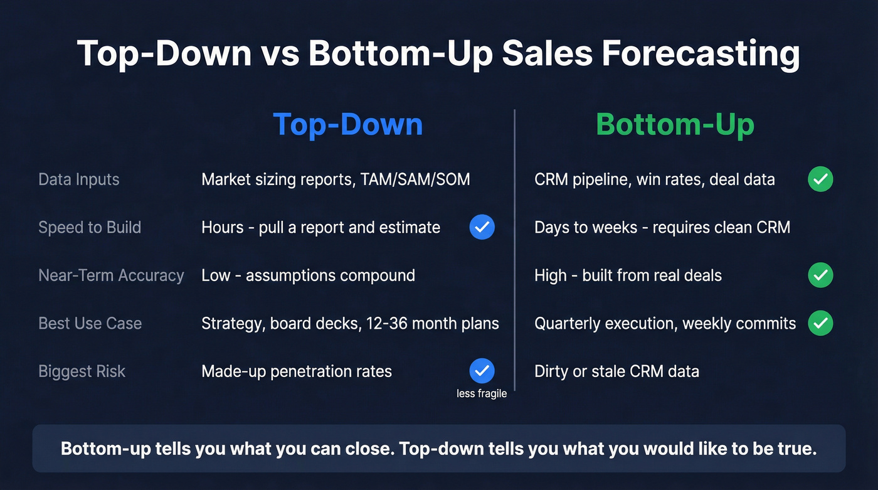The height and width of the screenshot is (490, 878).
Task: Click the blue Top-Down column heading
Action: tap(348, 124)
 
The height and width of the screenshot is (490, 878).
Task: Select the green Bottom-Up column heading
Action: tap(675, 124)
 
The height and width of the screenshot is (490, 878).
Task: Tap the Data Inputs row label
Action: tap(79, 179)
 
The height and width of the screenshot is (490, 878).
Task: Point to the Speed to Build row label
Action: tap(90, 227)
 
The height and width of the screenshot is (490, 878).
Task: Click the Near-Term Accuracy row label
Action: tap(111, 275)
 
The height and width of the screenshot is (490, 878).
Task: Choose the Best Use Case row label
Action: tap(90, 323)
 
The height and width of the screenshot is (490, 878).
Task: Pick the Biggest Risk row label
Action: tap(82, 371)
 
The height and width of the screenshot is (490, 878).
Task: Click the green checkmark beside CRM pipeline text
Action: tap(820, 179)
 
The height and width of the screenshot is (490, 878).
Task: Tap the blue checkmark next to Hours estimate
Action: tap(482, 227)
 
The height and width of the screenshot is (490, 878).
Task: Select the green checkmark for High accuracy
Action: tap(820, 275)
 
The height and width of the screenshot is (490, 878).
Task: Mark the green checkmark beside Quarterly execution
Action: tap(820, 323)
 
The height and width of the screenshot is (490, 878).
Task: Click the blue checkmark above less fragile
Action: tap(482, 371)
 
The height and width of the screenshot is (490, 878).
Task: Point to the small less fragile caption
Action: tap(482, 394)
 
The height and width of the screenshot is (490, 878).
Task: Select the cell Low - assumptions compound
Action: tap(308, 275)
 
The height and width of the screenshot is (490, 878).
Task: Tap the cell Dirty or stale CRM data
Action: tap(616, 371)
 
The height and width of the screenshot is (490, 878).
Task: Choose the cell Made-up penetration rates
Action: tap(297, 371)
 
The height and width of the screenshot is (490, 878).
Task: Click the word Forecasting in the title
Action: tap(701, 53)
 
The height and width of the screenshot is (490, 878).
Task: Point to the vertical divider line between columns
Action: tap(515, 251)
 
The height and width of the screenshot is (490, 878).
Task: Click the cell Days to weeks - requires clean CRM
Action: tap(662, 227)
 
